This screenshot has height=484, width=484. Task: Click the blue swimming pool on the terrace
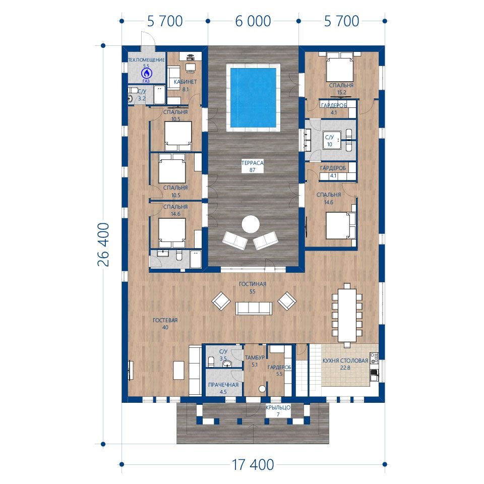click(x=253, y=98)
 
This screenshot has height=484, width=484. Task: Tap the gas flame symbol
click(x=146, y=74)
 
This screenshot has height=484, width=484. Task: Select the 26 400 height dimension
click(x=103, y=245)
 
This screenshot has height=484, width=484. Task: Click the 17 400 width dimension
click(x=253, y=464)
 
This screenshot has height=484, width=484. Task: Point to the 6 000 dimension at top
click(x=253, y=21)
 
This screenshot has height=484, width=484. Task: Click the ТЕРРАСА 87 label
click(x=253, y=166)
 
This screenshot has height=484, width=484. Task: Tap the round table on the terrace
click(x=251, y=224)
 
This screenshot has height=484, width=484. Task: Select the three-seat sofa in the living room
click(x=254, y=309)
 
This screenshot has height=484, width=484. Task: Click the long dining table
click(x=347, y=315)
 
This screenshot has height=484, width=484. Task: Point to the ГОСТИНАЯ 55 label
click(x=253, y=287)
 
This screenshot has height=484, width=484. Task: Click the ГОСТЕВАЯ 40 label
click(x=165, y=324)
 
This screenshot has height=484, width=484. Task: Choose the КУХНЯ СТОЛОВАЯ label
click(x=345, y=360)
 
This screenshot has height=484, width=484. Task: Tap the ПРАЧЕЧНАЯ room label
click(x=223, y=385)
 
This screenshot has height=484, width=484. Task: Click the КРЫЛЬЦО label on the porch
click(x=278, y=407)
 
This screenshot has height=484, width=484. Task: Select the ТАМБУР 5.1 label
click(x=255, y=361)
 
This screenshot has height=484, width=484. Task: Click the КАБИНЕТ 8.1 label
click(x=185, y=86)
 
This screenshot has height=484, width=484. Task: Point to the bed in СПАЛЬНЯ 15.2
click(x=340, y=67)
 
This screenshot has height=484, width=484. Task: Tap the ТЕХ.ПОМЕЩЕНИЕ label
click(x=146, y=60)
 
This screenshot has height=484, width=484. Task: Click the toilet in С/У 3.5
click(x=211, y=360)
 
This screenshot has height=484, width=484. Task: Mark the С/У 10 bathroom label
click(x=329, y=141)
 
